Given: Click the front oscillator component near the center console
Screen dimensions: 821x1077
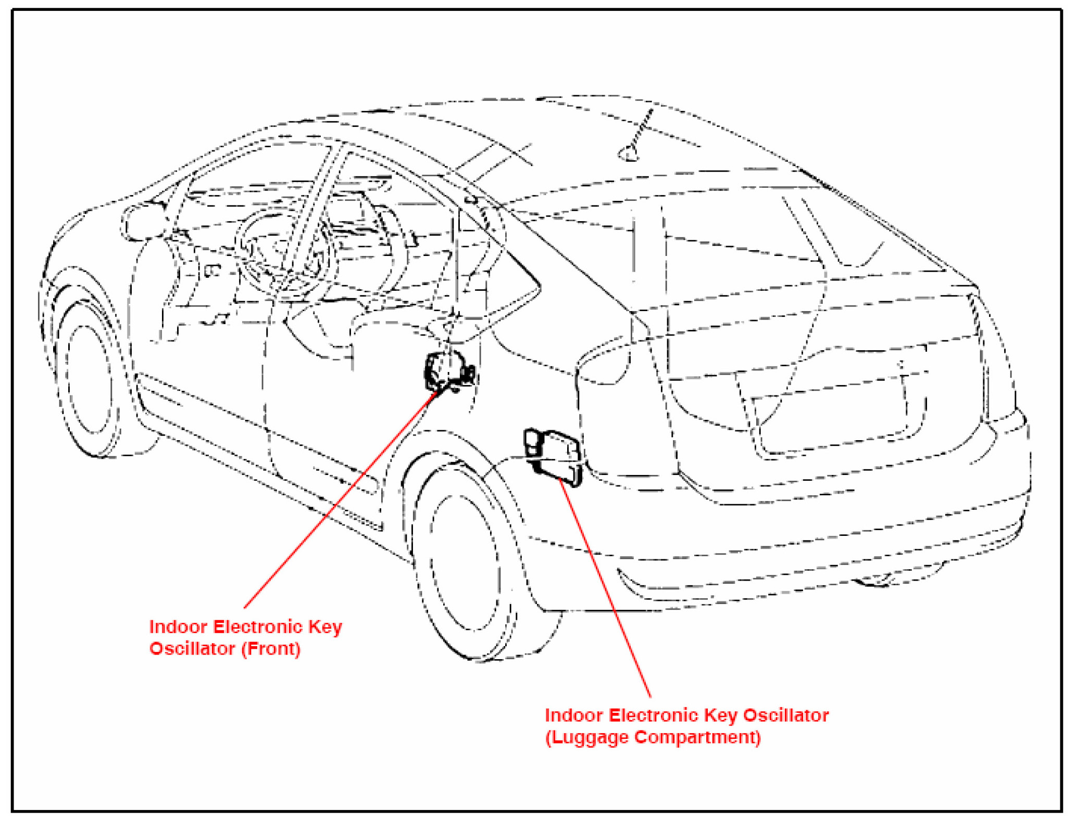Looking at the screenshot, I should (x=449, y=370).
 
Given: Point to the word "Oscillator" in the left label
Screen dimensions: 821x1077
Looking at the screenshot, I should (x=192, y=649).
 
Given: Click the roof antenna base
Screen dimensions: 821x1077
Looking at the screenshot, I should (x=629, y=154).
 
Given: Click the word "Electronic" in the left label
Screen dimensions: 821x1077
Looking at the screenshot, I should (x=258, y=626).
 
